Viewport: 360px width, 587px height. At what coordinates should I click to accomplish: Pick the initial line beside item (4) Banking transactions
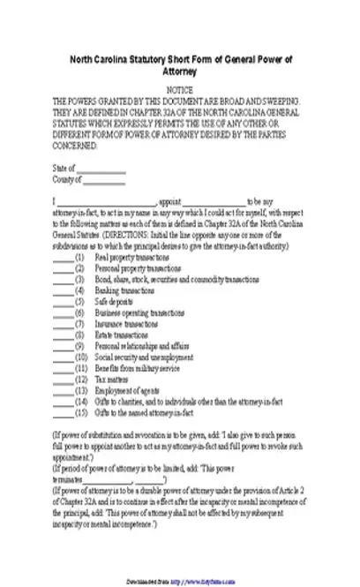tap(63, 290)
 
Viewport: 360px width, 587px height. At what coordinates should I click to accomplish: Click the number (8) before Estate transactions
tap(79, 335)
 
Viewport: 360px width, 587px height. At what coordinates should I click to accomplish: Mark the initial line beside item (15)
tap(63, 412)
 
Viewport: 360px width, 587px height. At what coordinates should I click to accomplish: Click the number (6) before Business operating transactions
tap(79, 312)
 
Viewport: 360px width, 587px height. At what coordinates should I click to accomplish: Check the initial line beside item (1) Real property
tap(63, 255)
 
